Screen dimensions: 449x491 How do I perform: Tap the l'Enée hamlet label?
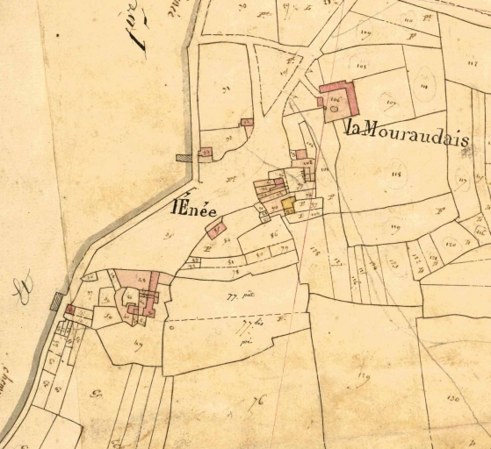click(x=195, y=210)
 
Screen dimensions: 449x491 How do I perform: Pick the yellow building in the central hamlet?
click(x=288, y=205)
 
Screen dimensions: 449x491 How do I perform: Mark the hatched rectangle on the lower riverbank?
click(x=56, y=302)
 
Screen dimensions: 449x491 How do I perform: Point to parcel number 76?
click(x=256, y=403)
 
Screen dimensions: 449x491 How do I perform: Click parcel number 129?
click(x=363, y=378)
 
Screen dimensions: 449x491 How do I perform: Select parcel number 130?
click(x=453, y=398)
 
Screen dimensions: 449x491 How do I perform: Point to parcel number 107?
click(x=391, y=103)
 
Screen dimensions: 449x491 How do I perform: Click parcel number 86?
click(x=273, y=235)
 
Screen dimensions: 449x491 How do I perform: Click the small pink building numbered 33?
click(x=206, y=153)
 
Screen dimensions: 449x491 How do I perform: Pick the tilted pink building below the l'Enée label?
click(x=215, y=228)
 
